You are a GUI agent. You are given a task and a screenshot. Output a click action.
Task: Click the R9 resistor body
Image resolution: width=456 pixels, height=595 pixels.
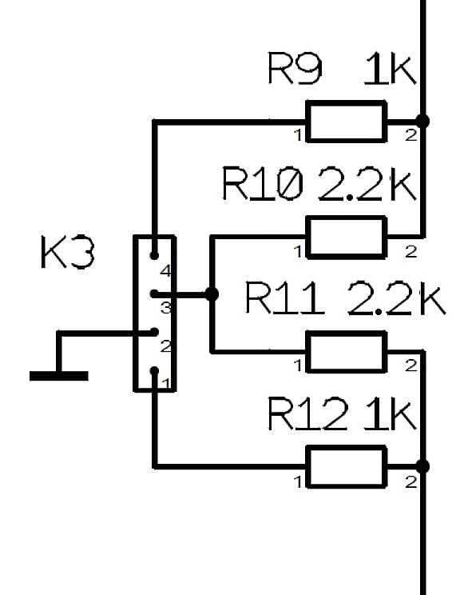click(347, 122)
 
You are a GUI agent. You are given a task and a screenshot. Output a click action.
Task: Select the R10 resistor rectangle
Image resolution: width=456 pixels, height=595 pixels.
click(347, 238)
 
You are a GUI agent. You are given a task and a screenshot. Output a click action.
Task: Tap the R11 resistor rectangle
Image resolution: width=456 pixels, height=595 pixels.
click(347, 352)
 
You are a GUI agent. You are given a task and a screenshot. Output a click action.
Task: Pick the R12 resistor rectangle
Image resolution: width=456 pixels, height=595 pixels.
click(347, 467)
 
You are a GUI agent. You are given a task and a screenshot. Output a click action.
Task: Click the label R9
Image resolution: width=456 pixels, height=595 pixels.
click(295, 68)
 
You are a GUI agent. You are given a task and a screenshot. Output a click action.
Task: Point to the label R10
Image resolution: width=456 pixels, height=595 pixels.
click(263, 184)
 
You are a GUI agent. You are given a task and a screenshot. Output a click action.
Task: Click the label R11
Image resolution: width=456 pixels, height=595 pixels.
click(285, 297)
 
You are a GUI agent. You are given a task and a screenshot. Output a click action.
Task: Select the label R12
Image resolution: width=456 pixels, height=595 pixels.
click(307, 413)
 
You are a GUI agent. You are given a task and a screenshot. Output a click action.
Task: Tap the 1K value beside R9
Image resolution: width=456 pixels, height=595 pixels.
click(390, 69)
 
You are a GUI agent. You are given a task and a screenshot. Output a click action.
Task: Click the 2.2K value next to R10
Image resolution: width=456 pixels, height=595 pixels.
click(367, 184)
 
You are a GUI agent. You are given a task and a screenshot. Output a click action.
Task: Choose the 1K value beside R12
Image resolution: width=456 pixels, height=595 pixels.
click(390, 413)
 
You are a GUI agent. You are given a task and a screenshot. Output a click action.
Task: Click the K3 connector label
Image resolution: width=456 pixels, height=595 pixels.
click(67, 253)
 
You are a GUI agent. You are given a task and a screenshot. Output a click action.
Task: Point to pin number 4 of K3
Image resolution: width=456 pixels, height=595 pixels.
click(166, 271)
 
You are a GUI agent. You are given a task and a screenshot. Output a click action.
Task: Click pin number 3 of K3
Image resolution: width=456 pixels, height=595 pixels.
click(166, 308)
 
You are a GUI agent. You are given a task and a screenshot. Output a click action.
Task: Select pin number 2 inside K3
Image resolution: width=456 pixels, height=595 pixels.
click(166, 346)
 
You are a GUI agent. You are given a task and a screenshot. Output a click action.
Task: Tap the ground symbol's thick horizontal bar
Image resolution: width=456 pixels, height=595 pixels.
click(59, 376)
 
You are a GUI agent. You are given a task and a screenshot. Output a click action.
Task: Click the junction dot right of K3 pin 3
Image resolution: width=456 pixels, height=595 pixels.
click(212, 294)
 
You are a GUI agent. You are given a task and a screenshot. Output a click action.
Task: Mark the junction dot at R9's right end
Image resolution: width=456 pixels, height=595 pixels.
click(422, 122)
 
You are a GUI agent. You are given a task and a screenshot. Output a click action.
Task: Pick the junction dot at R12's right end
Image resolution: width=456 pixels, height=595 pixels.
click(422, 466)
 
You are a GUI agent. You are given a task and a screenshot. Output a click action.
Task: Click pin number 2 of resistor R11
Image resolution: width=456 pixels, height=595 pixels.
click(411, 365)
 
